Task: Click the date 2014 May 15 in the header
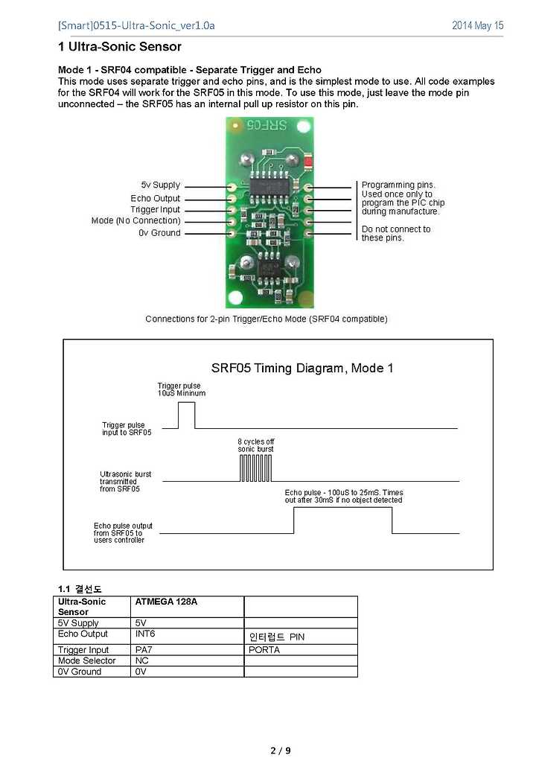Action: coord(477,25)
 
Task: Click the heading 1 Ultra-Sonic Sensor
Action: coord(120,47)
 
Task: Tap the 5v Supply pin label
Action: coord(161,185)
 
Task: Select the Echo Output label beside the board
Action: coord(155,198)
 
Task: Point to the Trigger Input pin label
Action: coord(155,209)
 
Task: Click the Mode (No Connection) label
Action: coord(135,220)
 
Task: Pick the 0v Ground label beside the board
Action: coord(159,232)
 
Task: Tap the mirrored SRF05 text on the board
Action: coord(267,125)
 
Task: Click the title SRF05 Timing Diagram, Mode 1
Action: coord(302,369)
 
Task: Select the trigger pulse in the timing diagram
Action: coord(187,415)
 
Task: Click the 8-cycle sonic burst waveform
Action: coord(255,468)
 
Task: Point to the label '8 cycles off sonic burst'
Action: coord(255,445)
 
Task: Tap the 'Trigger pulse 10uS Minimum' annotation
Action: coord(181,389)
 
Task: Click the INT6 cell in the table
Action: coord(145,633)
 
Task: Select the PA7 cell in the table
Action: coord(144,650)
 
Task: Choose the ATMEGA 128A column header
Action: coord(166,602)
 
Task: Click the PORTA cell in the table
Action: coord(264,650)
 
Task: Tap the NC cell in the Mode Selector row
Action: coord(141,660)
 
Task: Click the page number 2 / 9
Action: coord(281,751)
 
